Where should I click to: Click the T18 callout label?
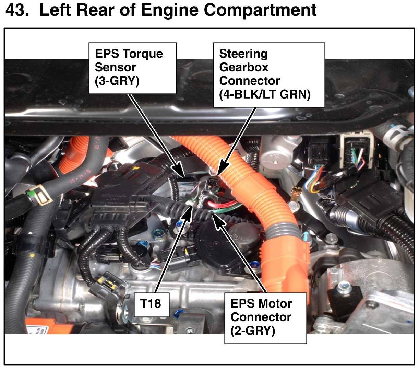151,303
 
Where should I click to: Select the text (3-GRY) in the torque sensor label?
117,81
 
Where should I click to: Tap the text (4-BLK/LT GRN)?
265,94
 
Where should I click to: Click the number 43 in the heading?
17,10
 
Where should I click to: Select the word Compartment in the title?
260,10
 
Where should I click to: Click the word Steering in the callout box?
243,54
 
